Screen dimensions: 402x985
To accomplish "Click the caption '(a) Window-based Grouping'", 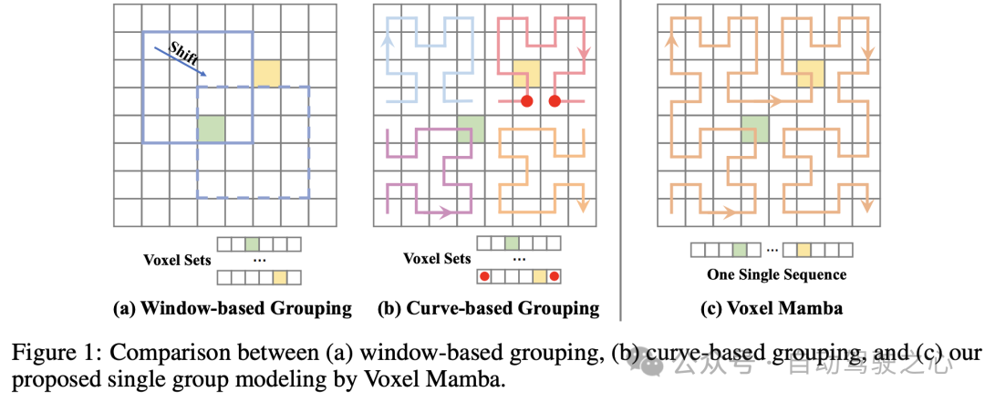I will tap(232, 308).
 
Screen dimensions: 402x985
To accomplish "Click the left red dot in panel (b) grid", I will tap(526, 101).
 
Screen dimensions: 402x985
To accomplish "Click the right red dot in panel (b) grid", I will tap(554, 101).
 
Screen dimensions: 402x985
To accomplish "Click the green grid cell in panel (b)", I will tap(471, 129).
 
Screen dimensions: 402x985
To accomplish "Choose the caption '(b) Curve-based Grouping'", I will tap(488, 308).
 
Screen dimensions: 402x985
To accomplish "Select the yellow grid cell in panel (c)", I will tap(810, 73).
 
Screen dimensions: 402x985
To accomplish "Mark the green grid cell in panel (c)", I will tap(754, 129).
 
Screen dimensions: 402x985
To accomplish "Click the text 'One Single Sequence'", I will tap(776, 274).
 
